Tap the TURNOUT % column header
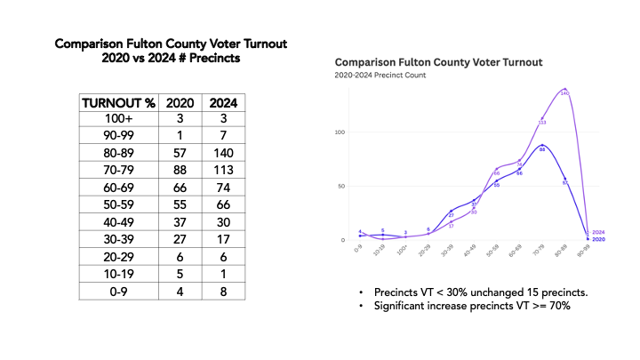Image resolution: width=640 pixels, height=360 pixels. click(x=118, y=101)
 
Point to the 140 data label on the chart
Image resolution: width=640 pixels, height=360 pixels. click(x=564, y=93)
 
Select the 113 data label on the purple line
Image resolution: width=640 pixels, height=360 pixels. click(x=541, y=123)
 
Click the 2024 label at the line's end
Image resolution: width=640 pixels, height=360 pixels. click(x=597, y=232)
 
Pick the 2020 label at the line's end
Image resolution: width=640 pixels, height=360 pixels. click(x=597, y=239)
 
